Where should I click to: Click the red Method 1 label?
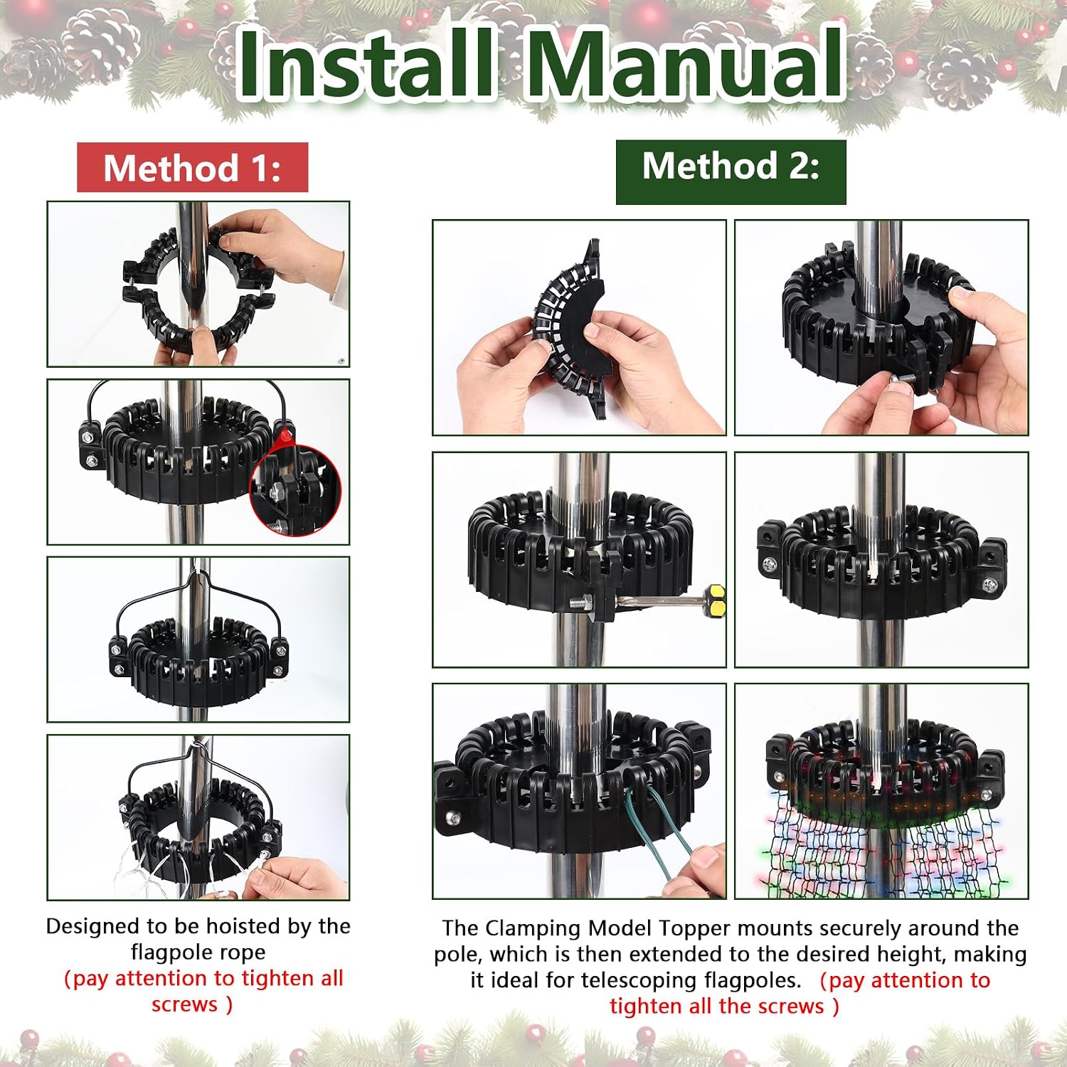[x=192, y=168]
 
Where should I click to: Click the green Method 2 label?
[x=731, y=171]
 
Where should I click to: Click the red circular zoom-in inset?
[x=296, y=490]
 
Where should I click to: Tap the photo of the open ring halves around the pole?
[x=198, y=285]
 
